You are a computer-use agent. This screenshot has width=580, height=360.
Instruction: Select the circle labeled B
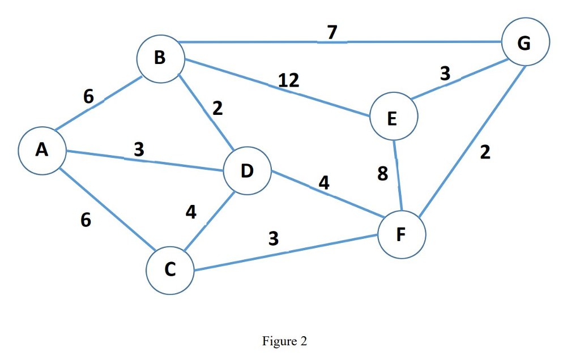(160, 58)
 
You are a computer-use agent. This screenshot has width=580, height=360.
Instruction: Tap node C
(170, 270)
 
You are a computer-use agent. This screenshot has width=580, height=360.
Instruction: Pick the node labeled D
(248, 171)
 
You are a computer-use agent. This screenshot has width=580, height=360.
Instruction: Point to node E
(394, 117)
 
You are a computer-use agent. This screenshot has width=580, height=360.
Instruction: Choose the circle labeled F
(402, 234)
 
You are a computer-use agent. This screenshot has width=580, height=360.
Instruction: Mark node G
(525, 42)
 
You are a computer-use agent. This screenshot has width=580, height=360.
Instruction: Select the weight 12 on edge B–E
(289, 80)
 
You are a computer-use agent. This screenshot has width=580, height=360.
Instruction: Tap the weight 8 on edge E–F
(382, 174)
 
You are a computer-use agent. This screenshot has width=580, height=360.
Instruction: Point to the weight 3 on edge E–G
(445, 73)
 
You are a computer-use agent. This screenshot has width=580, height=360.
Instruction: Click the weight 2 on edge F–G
(485, 153)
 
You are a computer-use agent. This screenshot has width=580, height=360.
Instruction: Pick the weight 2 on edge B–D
(217, 109)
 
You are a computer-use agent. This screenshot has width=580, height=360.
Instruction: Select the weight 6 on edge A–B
(88, 97)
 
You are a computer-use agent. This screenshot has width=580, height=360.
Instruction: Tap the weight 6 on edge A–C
(85, 220)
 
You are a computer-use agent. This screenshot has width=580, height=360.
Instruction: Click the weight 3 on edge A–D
(139, 149)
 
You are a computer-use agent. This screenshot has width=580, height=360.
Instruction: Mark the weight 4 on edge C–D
(191, 212)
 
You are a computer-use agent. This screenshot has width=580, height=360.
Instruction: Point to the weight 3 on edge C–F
(274, 239)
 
